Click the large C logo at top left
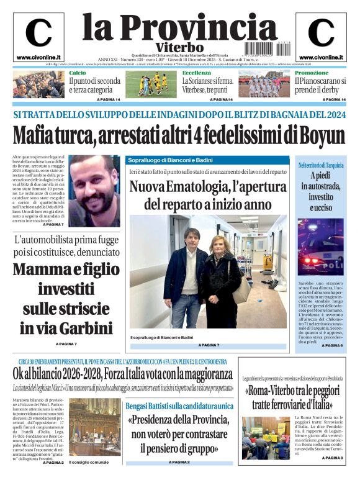pyautogui.click(x=38, y=33)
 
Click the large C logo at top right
pyautogui.click(x=321, y=33)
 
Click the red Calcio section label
pyautogui.click(x=78, y=73)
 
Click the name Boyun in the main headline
pyautogui.click(x=322, y=135)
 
